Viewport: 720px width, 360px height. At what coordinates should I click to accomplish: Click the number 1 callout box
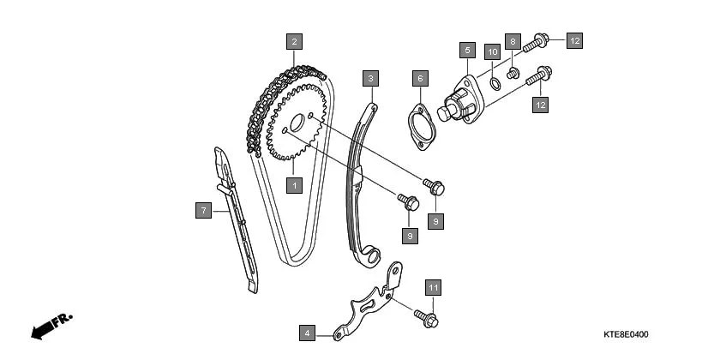point(294,184)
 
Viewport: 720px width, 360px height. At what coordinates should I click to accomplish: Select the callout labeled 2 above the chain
point(294,40)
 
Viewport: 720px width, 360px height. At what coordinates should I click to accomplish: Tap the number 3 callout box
point(370,79)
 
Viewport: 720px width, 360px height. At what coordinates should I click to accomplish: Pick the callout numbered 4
point(307,332)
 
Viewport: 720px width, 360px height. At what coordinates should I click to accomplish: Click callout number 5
point(466,51)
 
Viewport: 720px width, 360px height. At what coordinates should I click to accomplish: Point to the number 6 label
point(420,79)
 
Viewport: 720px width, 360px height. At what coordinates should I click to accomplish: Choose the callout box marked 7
point(202,209)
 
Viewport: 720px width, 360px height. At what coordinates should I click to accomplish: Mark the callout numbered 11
point(434,287)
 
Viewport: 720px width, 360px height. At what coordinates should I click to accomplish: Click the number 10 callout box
point(492,52)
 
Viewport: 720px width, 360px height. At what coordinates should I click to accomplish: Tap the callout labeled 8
point(513,41)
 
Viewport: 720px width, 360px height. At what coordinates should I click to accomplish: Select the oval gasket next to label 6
point(421,126)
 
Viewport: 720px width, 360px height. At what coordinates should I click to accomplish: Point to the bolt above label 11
point(426,317)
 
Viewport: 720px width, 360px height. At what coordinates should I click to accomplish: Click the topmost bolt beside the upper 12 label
point(536,41)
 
